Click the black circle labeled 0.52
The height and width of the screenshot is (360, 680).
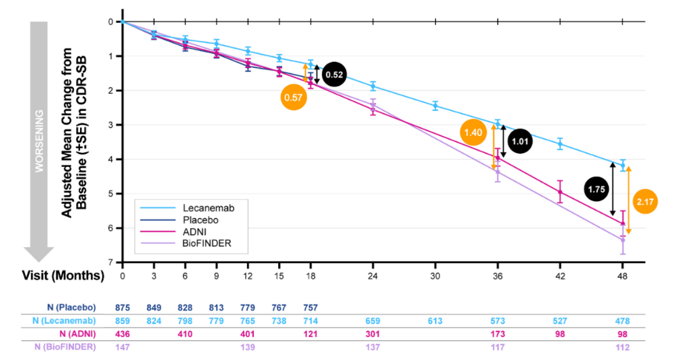point(334,75)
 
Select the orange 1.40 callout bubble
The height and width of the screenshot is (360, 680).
point(473,133)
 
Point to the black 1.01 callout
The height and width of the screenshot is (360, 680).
point(520,141)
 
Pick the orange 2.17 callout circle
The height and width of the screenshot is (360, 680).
point(649,202)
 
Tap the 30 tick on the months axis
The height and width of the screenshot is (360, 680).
point(435,276)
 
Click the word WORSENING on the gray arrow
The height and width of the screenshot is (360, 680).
point(40,141)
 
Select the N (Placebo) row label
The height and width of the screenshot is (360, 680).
point(69,307)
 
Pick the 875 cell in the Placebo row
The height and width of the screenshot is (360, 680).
point(123,307)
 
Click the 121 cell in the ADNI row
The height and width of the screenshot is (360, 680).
point(310,333)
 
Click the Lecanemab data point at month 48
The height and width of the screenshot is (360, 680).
point(623,164)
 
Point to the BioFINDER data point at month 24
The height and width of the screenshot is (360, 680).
point(372,104)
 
